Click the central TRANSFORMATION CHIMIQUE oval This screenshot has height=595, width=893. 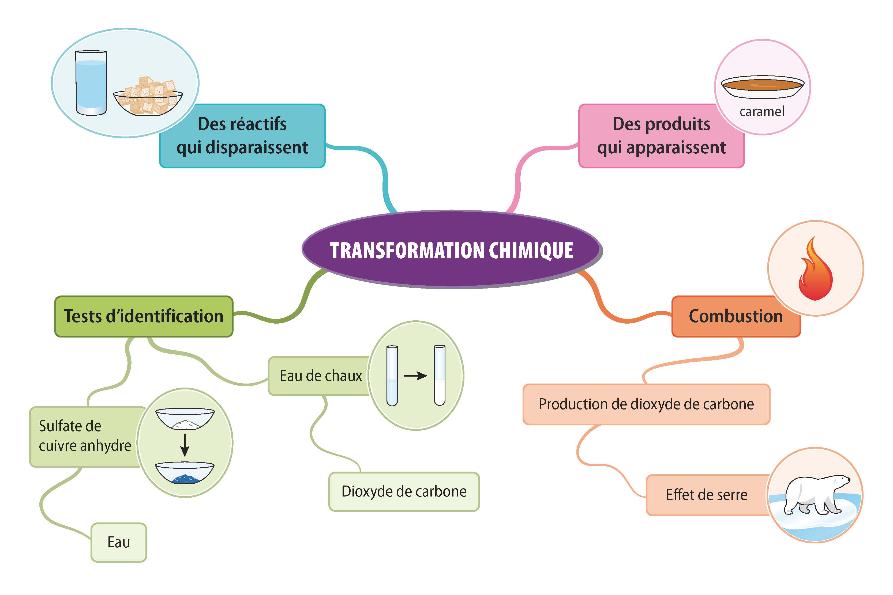click(x=451, y=250)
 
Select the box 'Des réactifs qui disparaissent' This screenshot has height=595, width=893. click(x=242, y=136)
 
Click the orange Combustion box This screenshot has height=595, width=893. click(x=736, y=316)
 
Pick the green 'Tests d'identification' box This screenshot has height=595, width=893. click(x=144, y=316)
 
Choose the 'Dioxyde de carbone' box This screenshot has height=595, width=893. click(x=404, y=492)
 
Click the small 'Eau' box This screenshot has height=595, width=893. click(x=118, y=543)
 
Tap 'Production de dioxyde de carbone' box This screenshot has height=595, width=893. click(x=646, y=404)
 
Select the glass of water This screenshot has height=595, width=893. click(x=91, y=83)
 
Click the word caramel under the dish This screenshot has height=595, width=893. click(x=762, y=112)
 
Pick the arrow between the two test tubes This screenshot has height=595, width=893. click(x=416, y=376)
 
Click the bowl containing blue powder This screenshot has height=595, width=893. click(x=185, y=473)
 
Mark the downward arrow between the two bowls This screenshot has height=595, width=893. click(x=185, y=445)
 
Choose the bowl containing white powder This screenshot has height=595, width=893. click(x=185, y=419)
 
